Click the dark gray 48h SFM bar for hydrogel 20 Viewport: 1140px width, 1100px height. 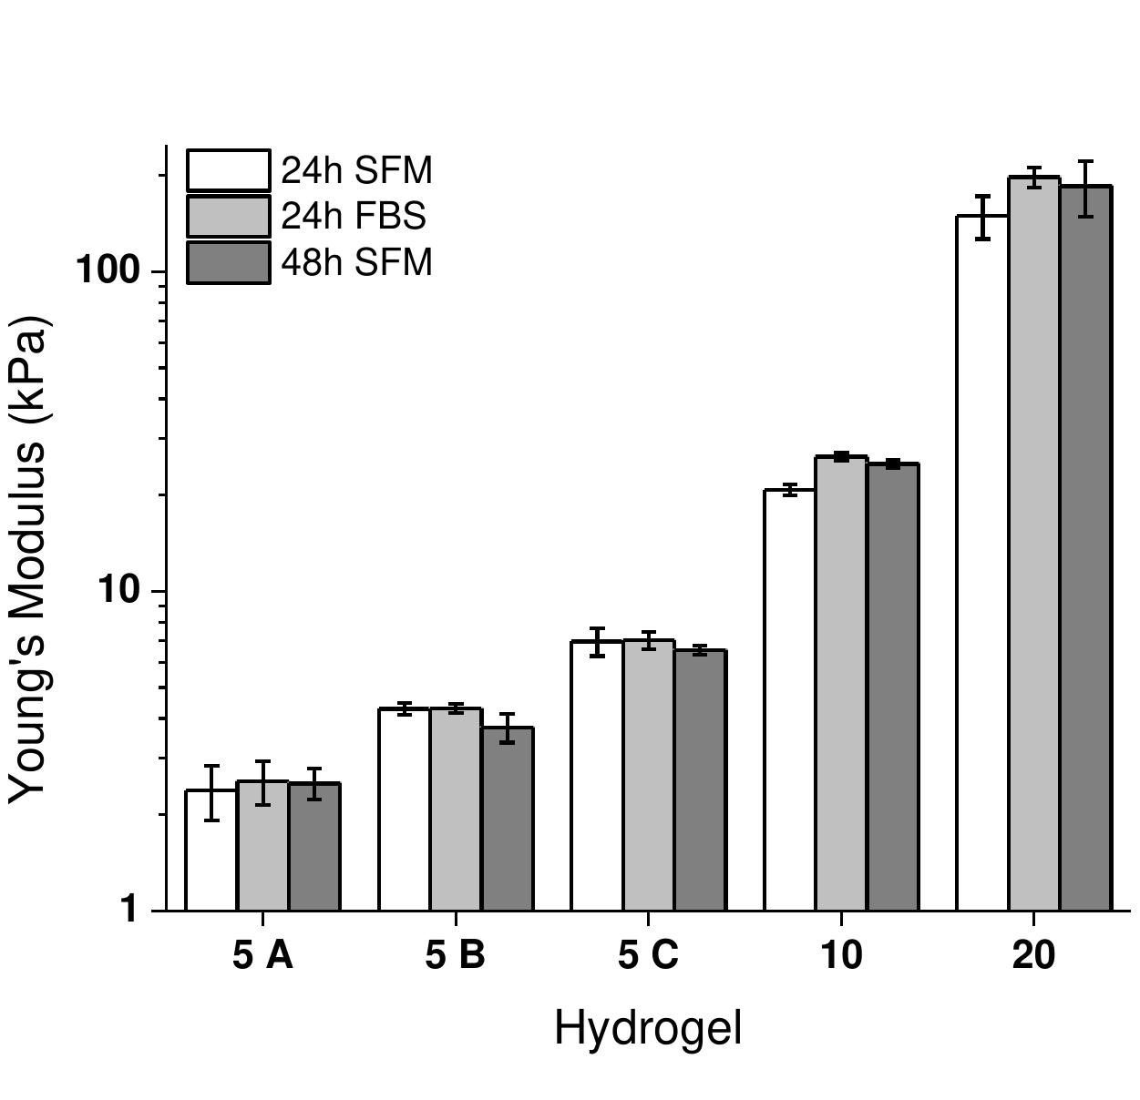1085,547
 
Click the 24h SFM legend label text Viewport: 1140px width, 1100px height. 356,171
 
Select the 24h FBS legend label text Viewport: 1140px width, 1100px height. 354,217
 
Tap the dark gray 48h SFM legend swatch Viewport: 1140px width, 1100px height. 229,262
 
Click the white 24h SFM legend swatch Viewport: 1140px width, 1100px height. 229,171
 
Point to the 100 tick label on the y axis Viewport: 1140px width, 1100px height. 106,270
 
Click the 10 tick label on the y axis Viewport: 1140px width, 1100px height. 119,590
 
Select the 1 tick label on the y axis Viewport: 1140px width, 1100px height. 129,909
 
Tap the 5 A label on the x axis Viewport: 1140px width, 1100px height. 262,955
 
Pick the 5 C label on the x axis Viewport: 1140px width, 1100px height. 648,955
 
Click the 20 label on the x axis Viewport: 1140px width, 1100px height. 1033,955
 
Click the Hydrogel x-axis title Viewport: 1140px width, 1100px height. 648,1028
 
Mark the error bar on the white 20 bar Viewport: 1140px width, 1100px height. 982,217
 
